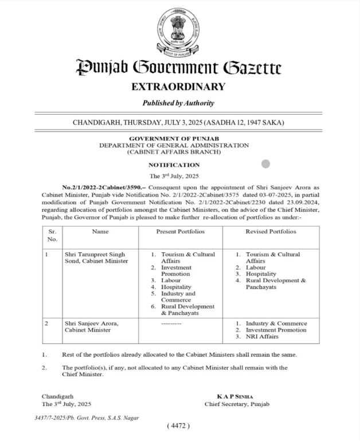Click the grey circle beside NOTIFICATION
pyautogui.click(x=265, y=164)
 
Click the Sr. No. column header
pyautogui.click(x=52, y=235)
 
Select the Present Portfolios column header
pyautogui.click(x=180, y=232)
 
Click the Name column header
pyautogui.click(x=100, y=232)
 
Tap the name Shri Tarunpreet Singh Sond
pyautogui.click(x=93, y=257)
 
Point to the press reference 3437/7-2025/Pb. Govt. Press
pyautogui.click(x=87, y=418)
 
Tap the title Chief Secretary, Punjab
pyautogui.click(x=236, y=404)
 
